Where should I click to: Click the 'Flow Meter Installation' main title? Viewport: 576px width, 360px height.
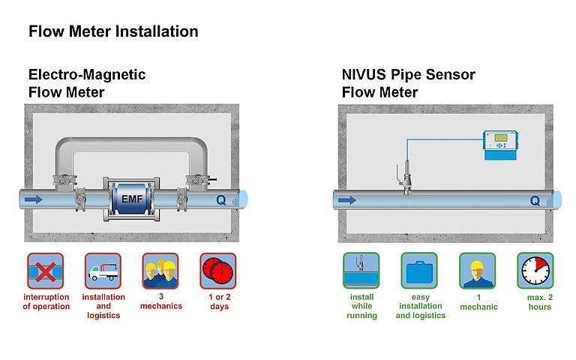(113, 31)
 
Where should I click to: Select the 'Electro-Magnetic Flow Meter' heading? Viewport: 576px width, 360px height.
(87, 83)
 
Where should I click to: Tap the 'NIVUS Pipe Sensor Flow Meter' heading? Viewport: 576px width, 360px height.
(408, 83)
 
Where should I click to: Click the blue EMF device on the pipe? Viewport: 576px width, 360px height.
(131, 199)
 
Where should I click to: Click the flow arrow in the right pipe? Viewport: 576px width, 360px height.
(346, 200)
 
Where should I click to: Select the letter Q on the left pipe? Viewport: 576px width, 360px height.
(220, 200)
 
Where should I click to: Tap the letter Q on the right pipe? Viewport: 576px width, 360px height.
(534, 200)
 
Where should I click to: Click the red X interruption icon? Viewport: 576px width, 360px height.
(46, 271)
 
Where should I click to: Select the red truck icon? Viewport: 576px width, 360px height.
(103, 271)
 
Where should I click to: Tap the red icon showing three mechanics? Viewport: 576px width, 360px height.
(160, 271)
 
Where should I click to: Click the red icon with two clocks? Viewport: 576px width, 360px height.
(217, 271)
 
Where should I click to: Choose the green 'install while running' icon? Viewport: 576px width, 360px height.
(361, 271)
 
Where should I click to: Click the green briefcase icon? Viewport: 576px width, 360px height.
(419, 271)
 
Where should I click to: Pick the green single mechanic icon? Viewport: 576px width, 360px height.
(477, 271)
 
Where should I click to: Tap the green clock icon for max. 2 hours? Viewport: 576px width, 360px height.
(535, 271)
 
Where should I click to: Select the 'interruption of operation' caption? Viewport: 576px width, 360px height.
(46, 301)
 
